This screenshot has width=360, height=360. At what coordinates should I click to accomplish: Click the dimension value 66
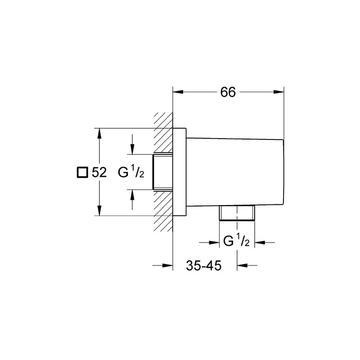point(228,92)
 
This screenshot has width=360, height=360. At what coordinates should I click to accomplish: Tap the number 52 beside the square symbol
point(99,172)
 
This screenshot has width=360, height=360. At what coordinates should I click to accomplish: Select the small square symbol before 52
point(82,172)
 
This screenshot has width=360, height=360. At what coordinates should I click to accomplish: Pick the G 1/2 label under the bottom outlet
point(237,242)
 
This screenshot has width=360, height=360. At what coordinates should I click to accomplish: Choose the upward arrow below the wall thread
point(132,193)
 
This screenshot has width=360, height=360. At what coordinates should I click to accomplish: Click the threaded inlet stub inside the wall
point(163,172)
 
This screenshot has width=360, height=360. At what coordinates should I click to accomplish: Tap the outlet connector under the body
point(237,213)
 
